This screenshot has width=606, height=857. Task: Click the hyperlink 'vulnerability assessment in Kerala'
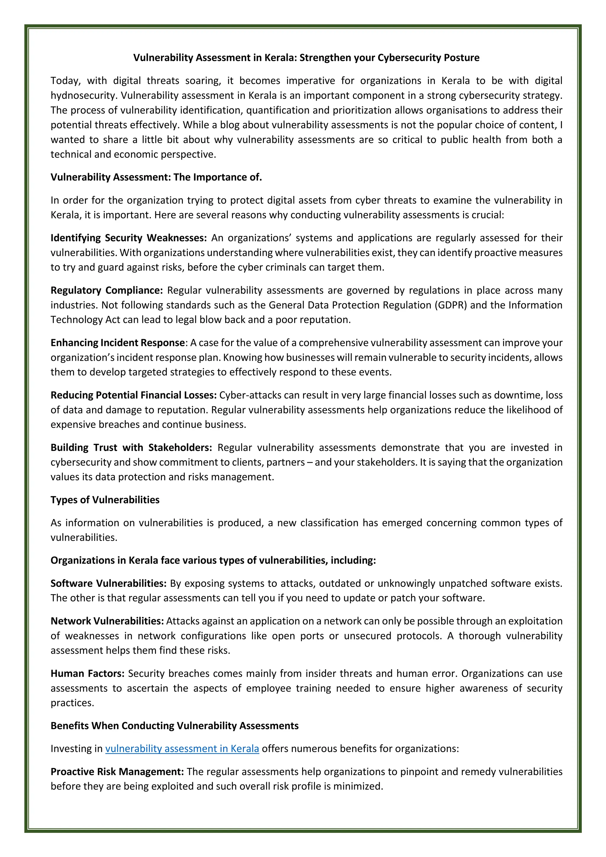[182, 748]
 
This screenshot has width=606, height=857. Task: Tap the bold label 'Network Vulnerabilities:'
[107, 621]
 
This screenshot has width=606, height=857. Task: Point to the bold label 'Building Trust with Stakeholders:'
[131, 447]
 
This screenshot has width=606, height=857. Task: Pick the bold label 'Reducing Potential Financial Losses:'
[133, 395]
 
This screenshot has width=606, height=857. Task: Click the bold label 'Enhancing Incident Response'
[117, 343]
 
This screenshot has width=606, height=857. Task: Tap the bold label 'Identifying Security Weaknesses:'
[128, 238]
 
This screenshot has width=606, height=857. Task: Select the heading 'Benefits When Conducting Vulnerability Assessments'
[174, 726]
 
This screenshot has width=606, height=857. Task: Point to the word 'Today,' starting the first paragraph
[66, 81]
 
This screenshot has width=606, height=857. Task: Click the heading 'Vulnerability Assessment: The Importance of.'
[156, 177]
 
